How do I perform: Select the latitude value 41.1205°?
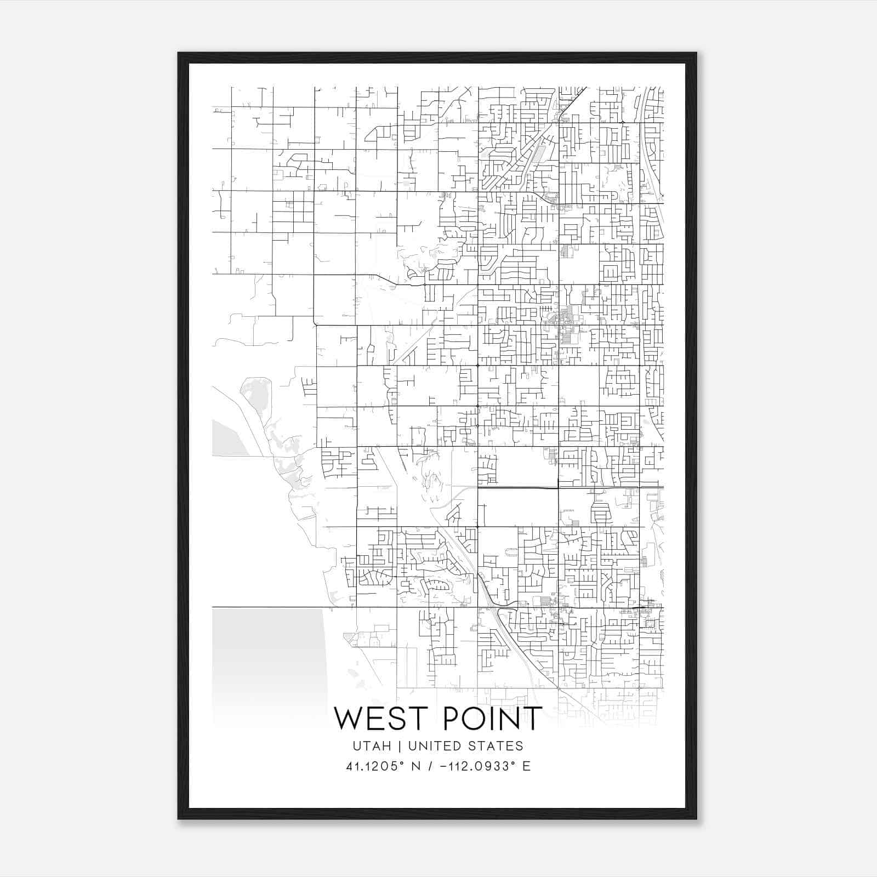click(x=375, y=766)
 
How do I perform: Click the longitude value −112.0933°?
click(x=477, y=766)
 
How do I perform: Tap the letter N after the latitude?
click(x=416, y=766)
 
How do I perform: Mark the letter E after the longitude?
click(x=526, y=766)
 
